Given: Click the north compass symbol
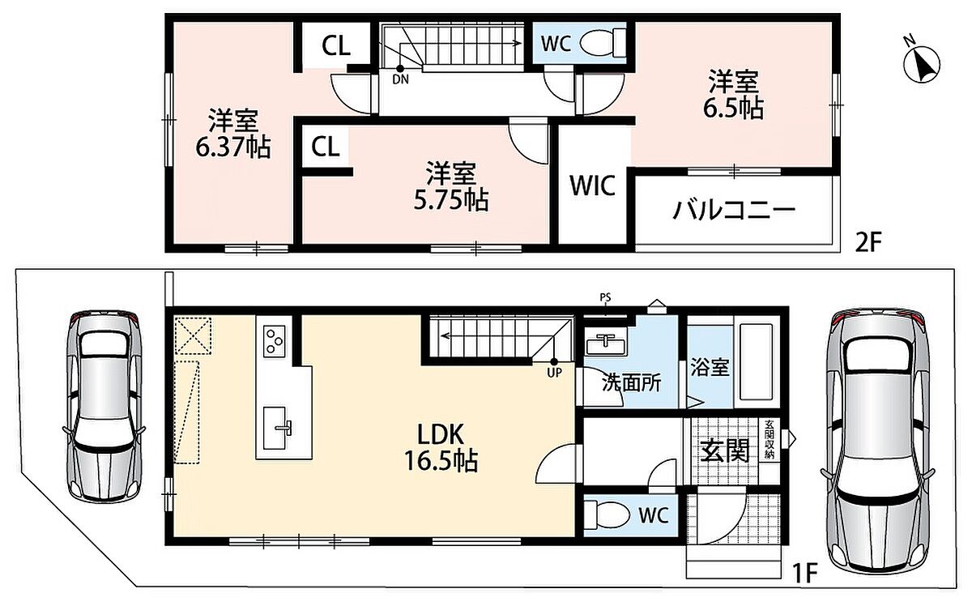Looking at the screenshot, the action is coord(921,64).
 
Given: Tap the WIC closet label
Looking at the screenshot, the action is coord(592,186).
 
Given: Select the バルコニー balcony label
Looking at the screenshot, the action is coord(734,211).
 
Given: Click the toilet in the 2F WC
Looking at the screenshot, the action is coord(603,43).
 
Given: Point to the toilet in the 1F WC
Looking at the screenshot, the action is coord(607,515).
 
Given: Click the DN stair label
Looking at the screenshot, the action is coord(400,80).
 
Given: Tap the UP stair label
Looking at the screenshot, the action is coord(554,373).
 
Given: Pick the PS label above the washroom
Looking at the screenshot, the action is coord(605,298).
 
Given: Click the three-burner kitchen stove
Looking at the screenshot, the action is coord(275,341).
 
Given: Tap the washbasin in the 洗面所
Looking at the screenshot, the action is coord(605,344).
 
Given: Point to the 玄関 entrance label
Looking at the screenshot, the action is coord(725,451).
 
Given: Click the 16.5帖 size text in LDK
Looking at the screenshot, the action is coord(441,462).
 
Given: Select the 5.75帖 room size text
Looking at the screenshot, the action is coord(451,200).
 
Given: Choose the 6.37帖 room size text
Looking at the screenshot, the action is coord(233,147).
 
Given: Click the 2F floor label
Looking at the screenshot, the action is coord(868,243).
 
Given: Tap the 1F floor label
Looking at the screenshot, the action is coord(805,574).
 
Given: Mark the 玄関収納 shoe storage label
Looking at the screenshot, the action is coord(769,440).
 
